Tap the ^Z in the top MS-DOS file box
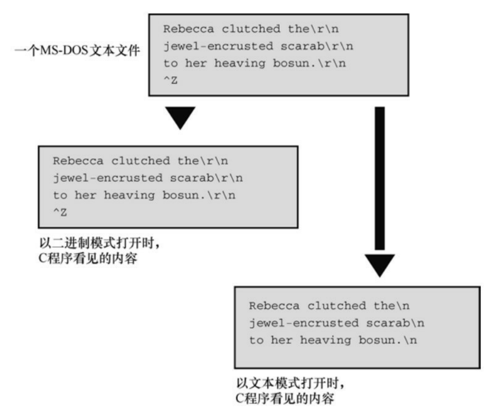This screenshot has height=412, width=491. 170,80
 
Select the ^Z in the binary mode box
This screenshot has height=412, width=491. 60,212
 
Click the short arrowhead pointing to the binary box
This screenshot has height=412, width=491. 180,118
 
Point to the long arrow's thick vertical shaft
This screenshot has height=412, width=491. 380,178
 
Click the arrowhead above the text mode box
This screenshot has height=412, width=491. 380,266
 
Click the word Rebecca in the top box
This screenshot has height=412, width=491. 189,29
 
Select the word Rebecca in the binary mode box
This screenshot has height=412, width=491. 78,161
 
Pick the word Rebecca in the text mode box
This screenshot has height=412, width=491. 274,306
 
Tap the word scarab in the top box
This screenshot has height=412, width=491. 303,46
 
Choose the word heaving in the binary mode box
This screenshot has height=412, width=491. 129,196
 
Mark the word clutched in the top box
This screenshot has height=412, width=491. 251,29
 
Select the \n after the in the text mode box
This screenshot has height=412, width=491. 403,306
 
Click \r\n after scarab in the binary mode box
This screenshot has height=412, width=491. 229,178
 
